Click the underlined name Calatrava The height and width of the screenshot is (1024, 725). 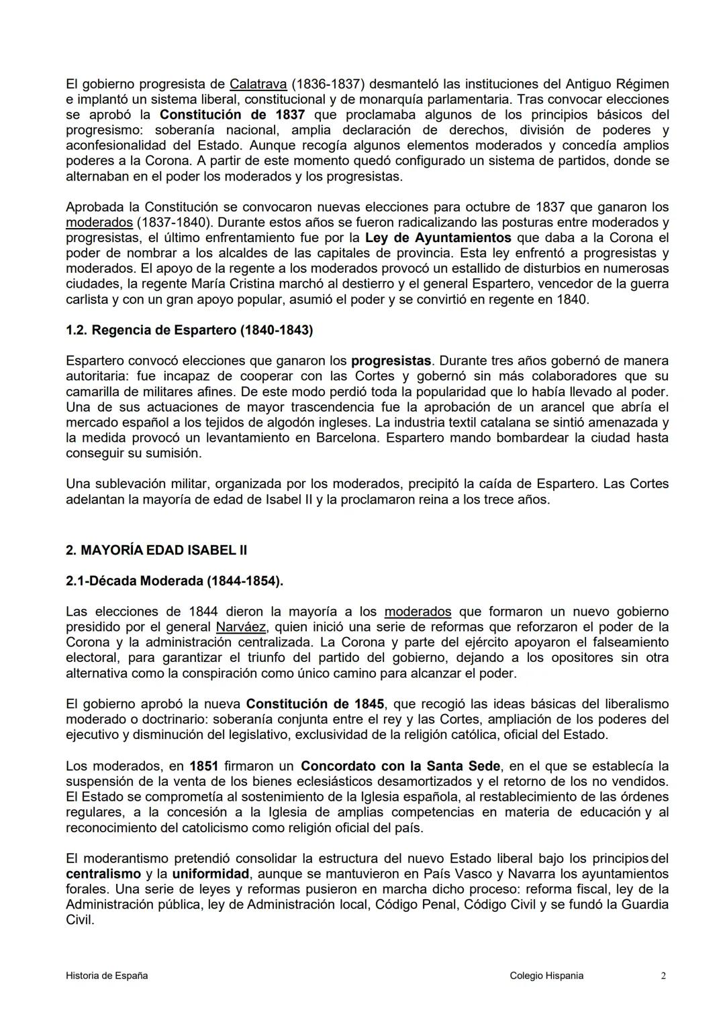(258, 84)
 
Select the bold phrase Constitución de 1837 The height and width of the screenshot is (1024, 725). (232, 115)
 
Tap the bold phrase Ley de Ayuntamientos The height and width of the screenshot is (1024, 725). (438, 237)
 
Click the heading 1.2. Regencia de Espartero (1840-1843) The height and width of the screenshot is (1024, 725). (189, 330)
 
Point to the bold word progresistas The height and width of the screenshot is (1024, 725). (391, 361)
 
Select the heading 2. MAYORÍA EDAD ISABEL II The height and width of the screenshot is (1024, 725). (156, 551)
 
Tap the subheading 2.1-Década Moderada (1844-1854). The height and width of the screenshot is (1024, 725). (175, 581)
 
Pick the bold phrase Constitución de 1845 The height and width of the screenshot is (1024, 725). (315, 704)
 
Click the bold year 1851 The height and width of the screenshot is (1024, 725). (203, 766)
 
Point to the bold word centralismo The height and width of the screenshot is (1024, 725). (103, 874)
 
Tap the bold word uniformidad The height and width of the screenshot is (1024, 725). (211, 874)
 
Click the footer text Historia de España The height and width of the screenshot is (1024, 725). (107, 976)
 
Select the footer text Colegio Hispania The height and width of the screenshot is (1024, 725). (546, 976)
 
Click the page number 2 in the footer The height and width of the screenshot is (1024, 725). (663, 976)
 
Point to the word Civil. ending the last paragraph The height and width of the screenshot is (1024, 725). (80, 920)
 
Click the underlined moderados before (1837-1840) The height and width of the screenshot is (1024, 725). (99, 222)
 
